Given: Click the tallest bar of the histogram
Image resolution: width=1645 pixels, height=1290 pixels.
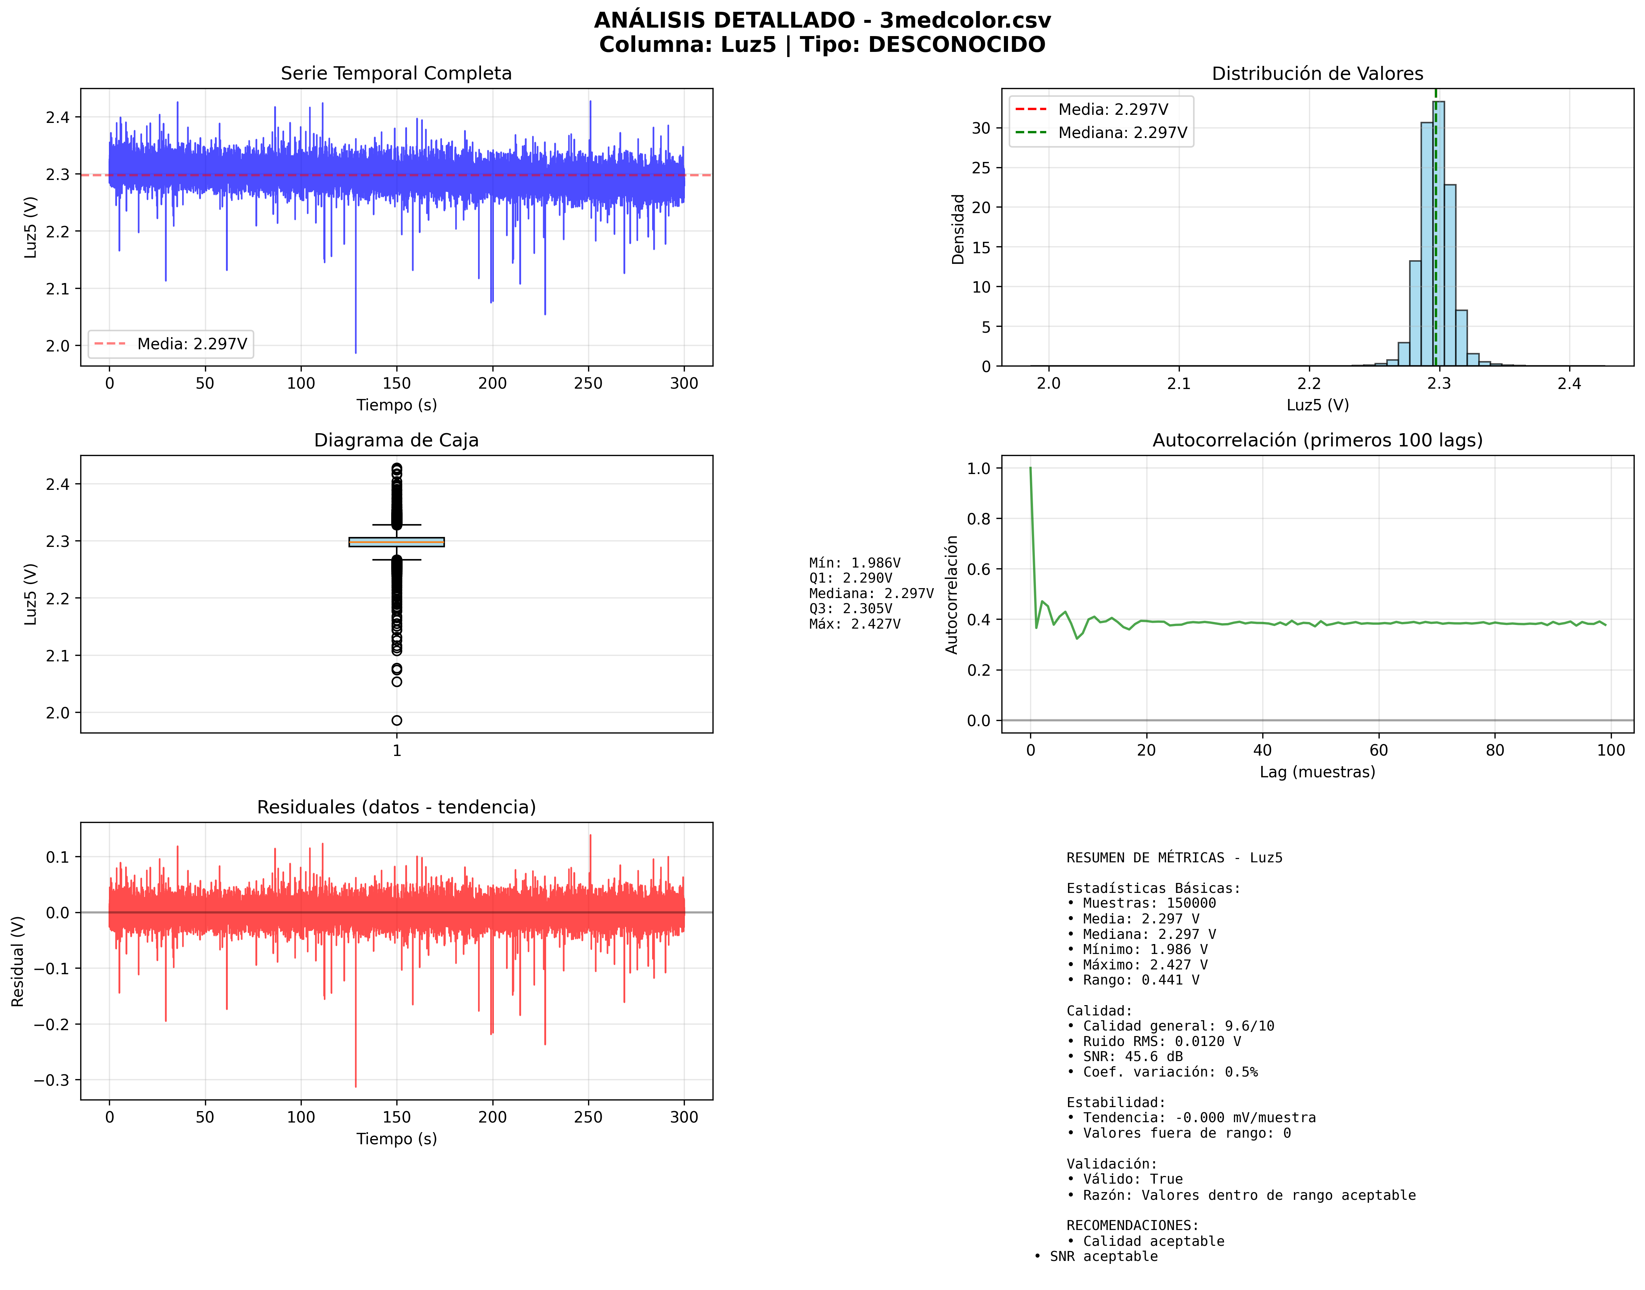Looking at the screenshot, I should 1438,234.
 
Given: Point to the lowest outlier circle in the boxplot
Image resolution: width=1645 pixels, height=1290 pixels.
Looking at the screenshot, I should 396,721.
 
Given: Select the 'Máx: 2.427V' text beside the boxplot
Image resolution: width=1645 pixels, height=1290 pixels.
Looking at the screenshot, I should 854,624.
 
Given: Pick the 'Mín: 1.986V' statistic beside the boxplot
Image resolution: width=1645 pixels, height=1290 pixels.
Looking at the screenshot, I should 854,563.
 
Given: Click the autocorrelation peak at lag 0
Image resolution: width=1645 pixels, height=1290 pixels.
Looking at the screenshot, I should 1030,469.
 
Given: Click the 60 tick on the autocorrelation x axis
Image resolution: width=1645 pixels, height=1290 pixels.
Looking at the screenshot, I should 1379,750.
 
